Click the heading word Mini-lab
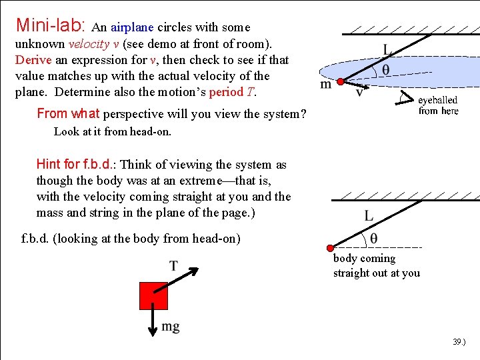pyautogui.click(x=50, y=27)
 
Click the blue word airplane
pyautogui.click(x=132, y=28)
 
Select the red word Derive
pyautogui.click(x=33, y=60)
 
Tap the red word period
pyautogui.click(x=225, y=92)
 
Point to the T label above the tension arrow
pyautogui.click(x=173, y=266)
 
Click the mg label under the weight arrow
pyautogui.click(x=171, y=327)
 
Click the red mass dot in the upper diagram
pyautogui.click(x=339, y=82)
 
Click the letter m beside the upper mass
pyautogui.click(x=326, y=85)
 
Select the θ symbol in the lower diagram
pyautogui.click(x=373, y=238)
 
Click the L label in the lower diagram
pyautogui.click(x=369, y=215)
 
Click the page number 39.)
pyautogui.click(x=459, y=342)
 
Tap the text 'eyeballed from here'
pyautogui.click(x=438, y=105)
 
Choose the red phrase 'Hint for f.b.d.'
pyautogui.click(x=77, y=165)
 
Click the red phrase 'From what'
pyautogui.click(x=69, y=113)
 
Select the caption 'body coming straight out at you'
pyautogui.click(x=376, y=265)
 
